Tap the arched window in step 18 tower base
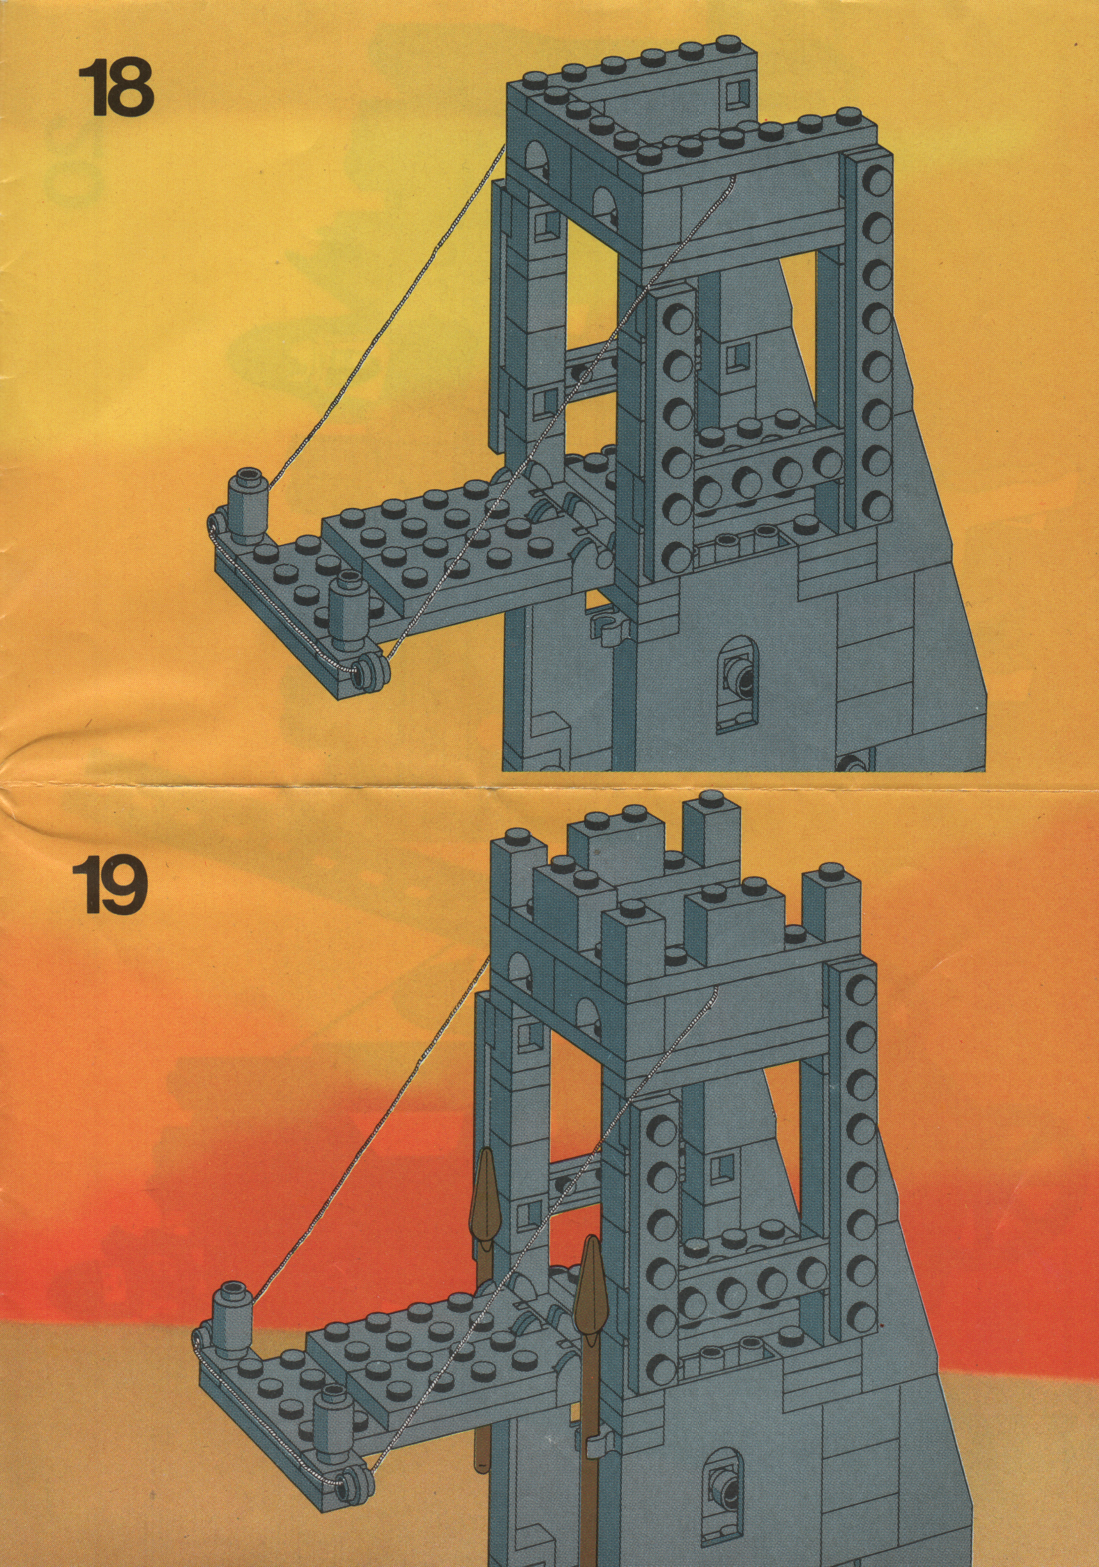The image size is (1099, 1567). tap(737, 677)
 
